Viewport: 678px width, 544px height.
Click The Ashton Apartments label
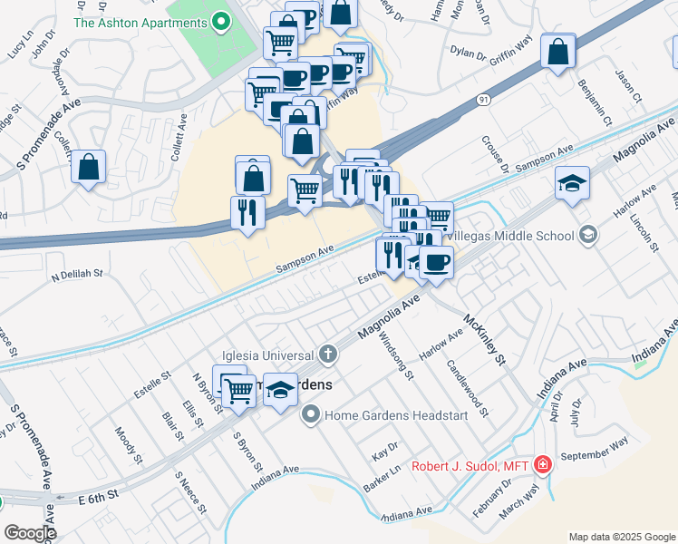(x=142, y=23)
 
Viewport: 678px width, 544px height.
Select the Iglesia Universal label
(x=271, y=354)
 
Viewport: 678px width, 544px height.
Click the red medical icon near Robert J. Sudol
(x=543, y=465)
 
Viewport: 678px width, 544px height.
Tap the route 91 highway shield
(x=486, y=101)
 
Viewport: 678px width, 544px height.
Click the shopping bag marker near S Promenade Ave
(x=89, y=168)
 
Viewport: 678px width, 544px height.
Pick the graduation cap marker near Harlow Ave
(x=573, y=184)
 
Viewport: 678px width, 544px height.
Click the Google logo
(x=30, y=533)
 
